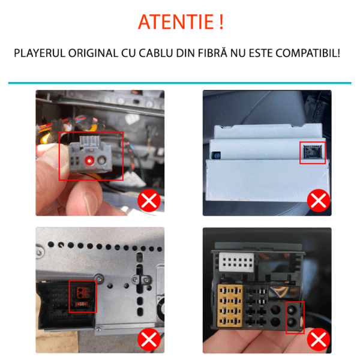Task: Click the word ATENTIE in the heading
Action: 176,22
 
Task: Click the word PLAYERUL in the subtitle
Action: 40,53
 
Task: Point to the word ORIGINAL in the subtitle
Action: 93,53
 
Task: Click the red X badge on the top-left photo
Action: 149,200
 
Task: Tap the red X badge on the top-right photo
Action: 319,200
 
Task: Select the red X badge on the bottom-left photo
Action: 149,340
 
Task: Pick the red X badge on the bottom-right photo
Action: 319,340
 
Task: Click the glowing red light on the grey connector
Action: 89,160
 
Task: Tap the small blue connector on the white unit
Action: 216,155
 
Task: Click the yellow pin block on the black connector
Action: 230,306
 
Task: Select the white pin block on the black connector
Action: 236,262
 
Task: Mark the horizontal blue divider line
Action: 180,83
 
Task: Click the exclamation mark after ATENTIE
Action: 221,22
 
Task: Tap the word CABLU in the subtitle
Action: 155,53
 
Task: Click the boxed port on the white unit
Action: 312,152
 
